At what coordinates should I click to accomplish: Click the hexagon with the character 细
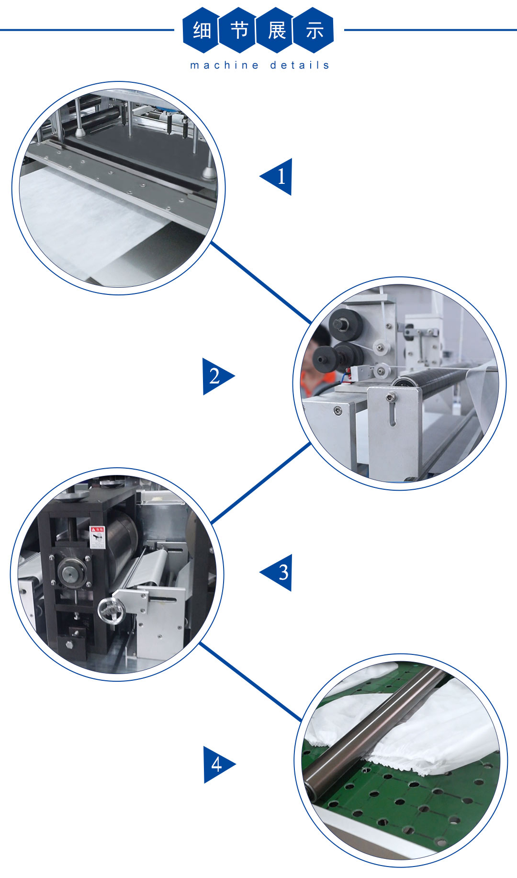click(201, 30)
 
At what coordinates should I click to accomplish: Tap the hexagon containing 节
click(238, 30)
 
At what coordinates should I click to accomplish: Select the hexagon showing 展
click(276, 30)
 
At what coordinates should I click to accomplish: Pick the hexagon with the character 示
click(314, 30)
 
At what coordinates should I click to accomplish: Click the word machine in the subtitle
click(225, 65)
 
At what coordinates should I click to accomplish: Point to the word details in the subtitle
click(300, 65)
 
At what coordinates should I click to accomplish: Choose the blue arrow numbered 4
click(219, 765)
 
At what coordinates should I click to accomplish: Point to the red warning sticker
click(97, 537)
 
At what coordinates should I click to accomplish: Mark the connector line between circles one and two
click(261, 282)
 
